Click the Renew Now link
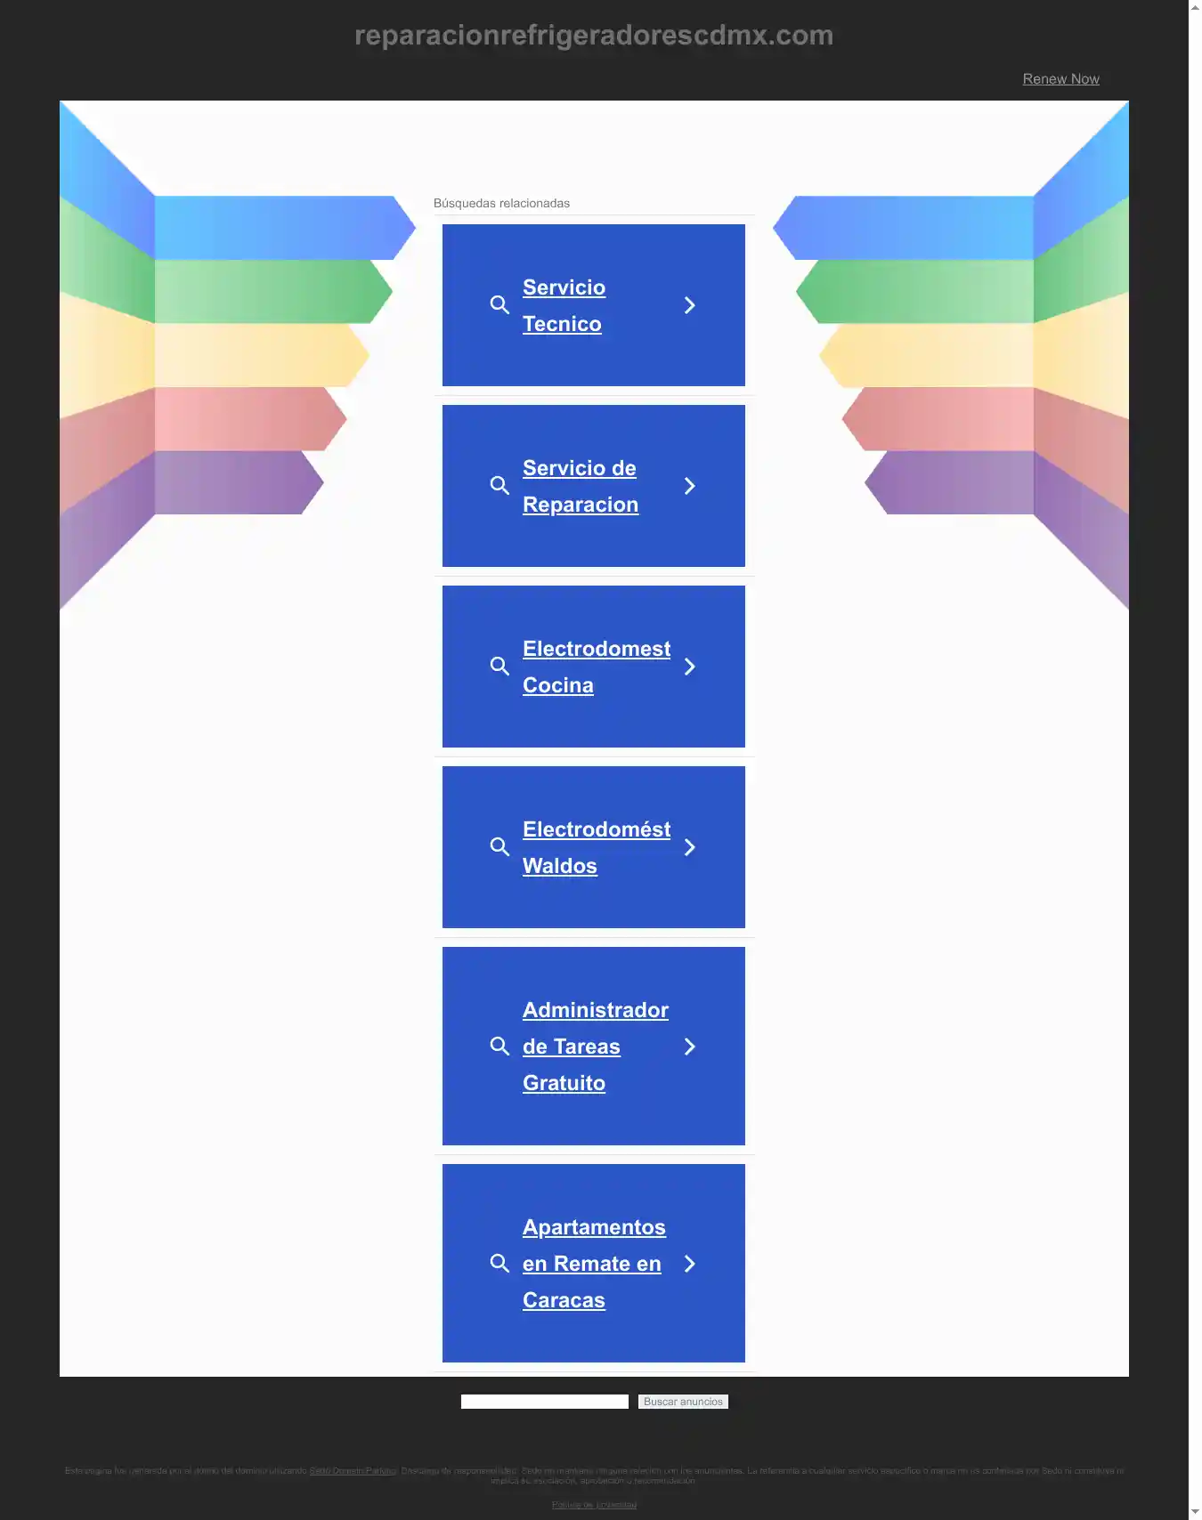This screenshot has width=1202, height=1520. [1060, 79]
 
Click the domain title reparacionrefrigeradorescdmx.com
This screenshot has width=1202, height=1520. [594, 36]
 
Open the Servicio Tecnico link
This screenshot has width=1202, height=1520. [564, 305]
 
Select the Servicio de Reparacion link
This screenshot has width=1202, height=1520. [580, 486]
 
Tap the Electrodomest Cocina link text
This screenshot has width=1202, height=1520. [596, 667]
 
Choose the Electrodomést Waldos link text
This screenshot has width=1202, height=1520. [596, 847]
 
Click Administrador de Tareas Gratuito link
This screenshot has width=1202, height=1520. [595, 1047]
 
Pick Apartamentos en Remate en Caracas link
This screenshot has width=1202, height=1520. [593, 1264]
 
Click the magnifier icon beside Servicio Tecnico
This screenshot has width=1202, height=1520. [499, 305]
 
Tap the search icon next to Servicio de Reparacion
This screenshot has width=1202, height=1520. [499, 486]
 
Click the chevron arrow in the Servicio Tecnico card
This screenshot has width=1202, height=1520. [689, 305]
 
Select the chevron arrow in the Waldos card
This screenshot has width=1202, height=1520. [689, 847]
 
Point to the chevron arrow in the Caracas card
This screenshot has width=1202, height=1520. [689, 1264]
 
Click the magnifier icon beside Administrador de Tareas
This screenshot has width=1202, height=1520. [499, 1047]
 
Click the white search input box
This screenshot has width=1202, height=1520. [544, 1402]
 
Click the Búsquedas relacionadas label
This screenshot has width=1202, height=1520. [501, 204]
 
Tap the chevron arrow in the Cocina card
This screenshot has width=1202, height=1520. [689, 667]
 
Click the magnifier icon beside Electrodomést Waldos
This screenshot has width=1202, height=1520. [499, 847]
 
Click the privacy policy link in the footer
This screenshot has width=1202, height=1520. [594, 1505]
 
